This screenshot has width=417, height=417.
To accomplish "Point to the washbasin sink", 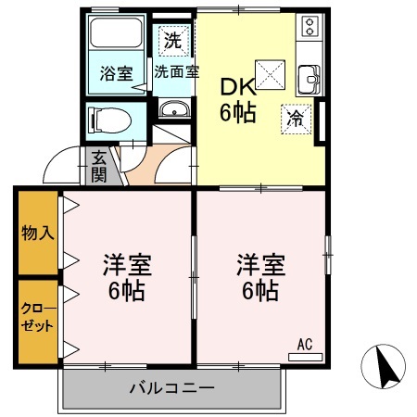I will [172, 111].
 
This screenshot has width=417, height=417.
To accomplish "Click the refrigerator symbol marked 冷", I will [295, 119].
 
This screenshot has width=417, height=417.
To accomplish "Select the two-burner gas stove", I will [309, 27].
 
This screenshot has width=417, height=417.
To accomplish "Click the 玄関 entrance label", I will [98, 167].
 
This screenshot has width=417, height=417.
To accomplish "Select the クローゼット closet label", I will [37, 318].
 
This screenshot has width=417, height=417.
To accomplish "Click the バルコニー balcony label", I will [172, 387].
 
